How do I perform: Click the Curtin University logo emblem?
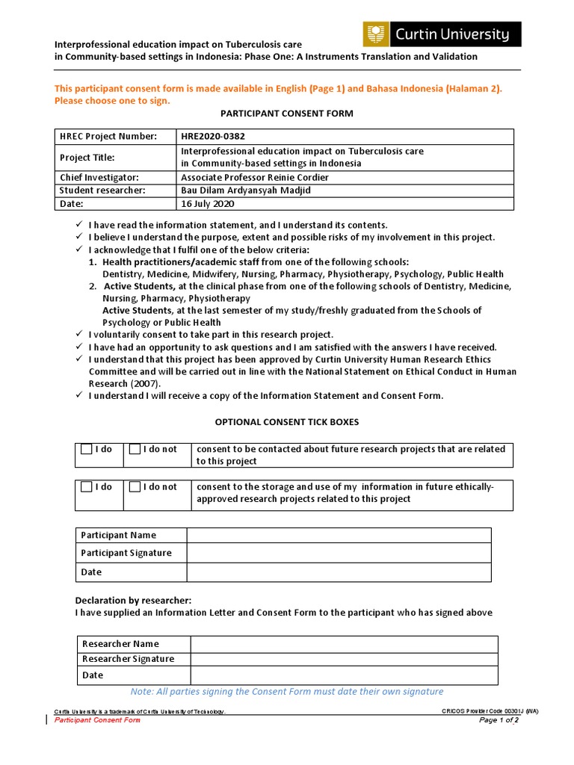[376, 34]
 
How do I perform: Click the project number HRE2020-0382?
[213, 136]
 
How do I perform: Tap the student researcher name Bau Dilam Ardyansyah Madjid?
[245, 191]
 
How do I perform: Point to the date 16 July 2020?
[207, 203]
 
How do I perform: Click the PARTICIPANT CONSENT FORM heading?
[287, 113]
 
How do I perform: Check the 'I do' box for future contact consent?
[87, 449]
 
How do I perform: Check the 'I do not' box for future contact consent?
[135, 449]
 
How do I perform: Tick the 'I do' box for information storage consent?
[87, 487]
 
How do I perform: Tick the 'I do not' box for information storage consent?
[135, 487]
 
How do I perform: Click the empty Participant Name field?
[339, 535]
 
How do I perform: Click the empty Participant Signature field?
[339, 553]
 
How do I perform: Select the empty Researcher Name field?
[344, 644]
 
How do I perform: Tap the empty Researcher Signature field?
[344, 659]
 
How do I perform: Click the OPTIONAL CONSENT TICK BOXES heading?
[287, 422]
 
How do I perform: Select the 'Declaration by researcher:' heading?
[133, 600]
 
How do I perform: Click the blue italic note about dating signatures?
[287, 692]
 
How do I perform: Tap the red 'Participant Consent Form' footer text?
[97, 720]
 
